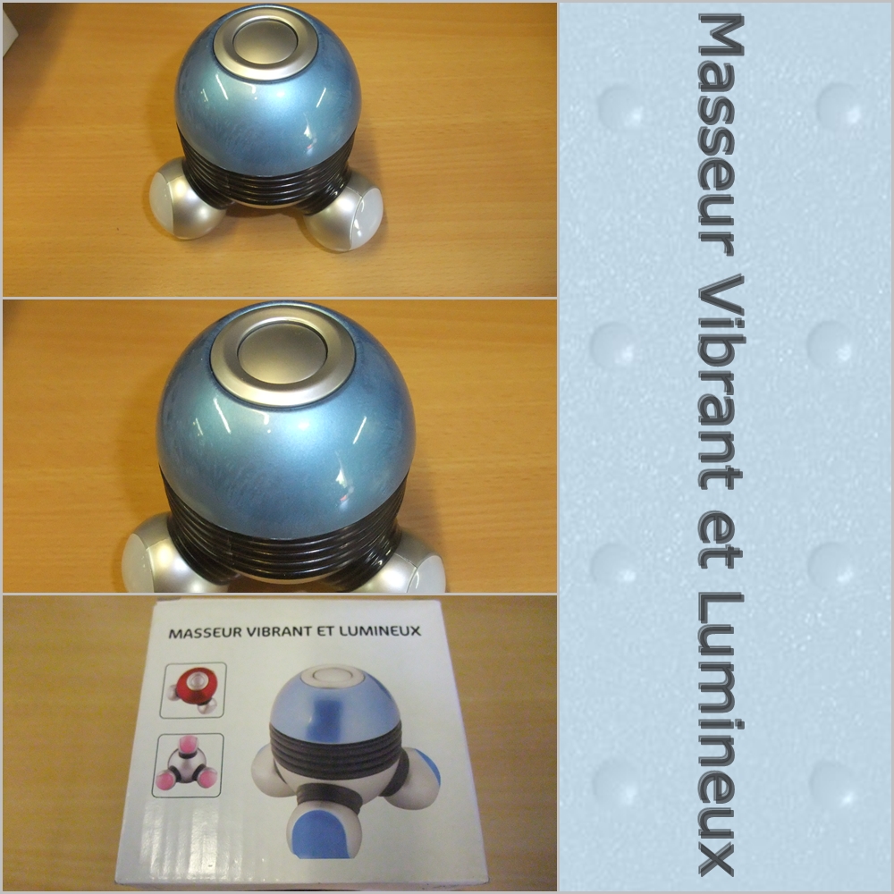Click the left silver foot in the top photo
(181, 198)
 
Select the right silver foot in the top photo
(345, 214)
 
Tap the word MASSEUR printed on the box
(206, 632)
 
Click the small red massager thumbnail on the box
(193, 689)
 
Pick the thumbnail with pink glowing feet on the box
(188, 764)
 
